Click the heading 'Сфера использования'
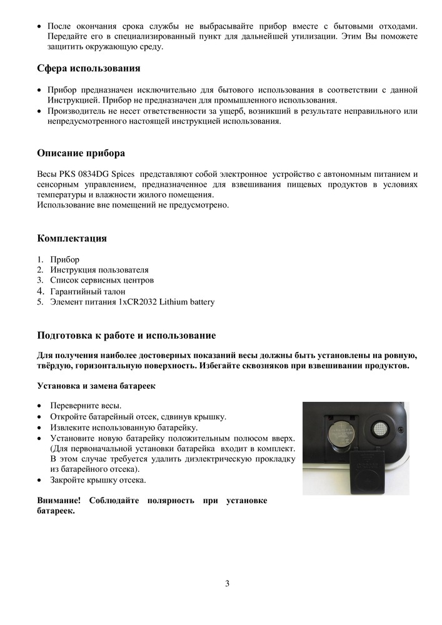point(89,68)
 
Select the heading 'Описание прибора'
point(81,153)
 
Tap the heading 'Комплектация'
point(72,238)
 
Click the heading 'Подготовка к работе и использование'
point(127,336)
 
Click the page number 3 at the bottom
point(228,584)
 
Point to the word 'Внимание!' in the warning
point(59,501)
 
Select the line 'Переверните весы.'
point(86,406)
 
